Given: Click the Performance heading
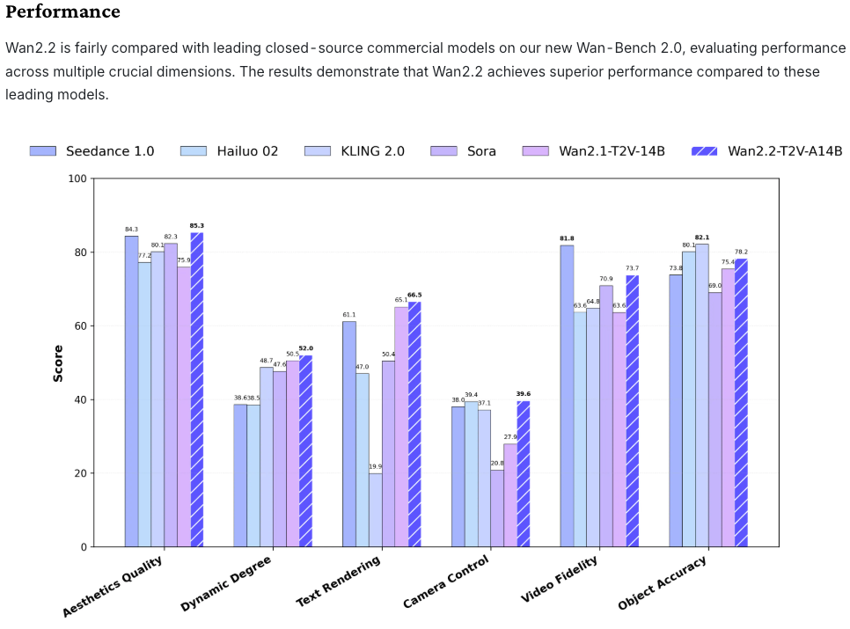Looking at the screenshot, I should pyautogui.click(x=62, y=12).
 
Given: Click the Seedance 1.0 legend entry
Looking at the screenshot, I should pyautogui.click(x=110, y=151).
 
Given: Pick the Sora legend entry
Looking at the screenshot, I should pyautogui.click(x=482, y=151).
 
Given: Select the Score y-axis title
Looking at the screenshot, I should pyautogui.click(x=58, y=362).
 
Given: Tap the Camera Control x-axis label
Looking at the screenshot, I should pyautogui.click(x=447, y=581).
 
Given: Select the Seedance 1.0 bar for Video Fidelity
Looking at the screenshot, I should pyautogui.click(x=567, y=396).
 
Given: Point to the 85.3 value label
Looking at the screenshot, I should pyautogui.click(x=197, y=226).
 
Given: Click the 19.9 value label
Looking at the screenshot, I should pyautogui.click(x=376, y=467).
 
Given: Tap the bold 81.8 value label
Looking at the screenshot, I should pyautogui.click(x=567, y=238).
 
